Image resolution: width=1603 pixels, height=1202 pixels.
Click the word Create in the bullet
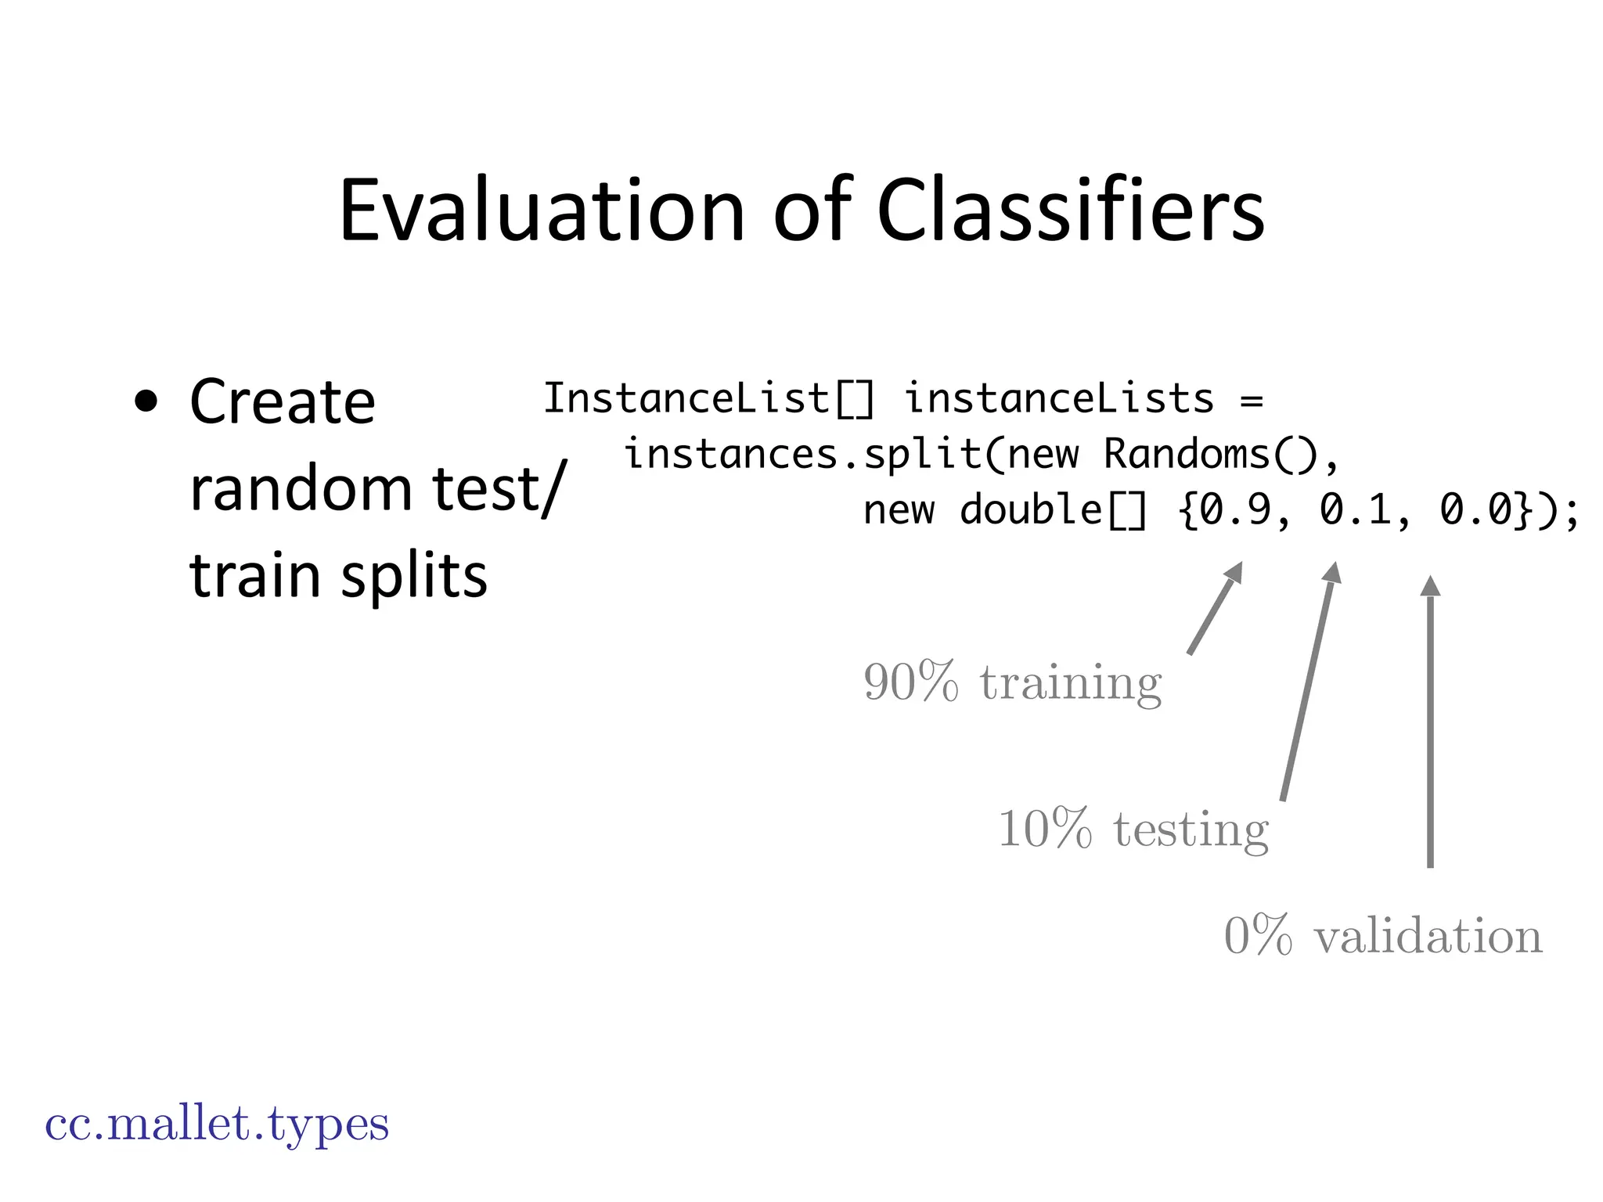283,403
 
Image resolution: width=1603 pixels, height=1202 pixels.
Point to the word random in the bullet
301,489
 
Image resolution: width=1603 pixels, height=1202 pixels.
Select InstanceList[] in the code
708,398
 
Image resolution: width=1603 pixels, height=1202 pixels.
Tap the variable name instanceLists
1059,398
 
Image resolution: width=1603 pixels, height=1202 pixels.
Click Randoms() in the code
1212,455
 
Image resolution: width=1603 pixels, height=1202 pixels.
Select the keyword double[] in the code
1054,510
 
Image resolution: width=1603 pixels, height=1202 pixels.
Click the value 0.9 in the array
1235,510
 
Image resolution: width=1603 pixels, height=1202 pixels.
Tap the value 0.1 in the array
1356,510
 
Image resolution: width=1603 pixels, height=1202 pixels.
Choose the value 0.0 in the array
1475,510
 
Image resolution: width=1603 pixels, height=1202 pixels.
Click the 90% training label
1012,682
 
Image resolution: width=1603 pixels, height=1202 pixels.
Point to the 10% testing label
1133,829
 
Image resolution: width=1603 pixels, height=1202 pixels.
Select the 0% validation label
1383,936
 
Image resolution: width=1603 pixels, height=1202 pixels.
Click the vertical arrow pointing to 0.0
1430,728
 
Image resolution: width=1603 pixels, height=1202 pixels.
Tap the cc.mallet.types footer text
217,1125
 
